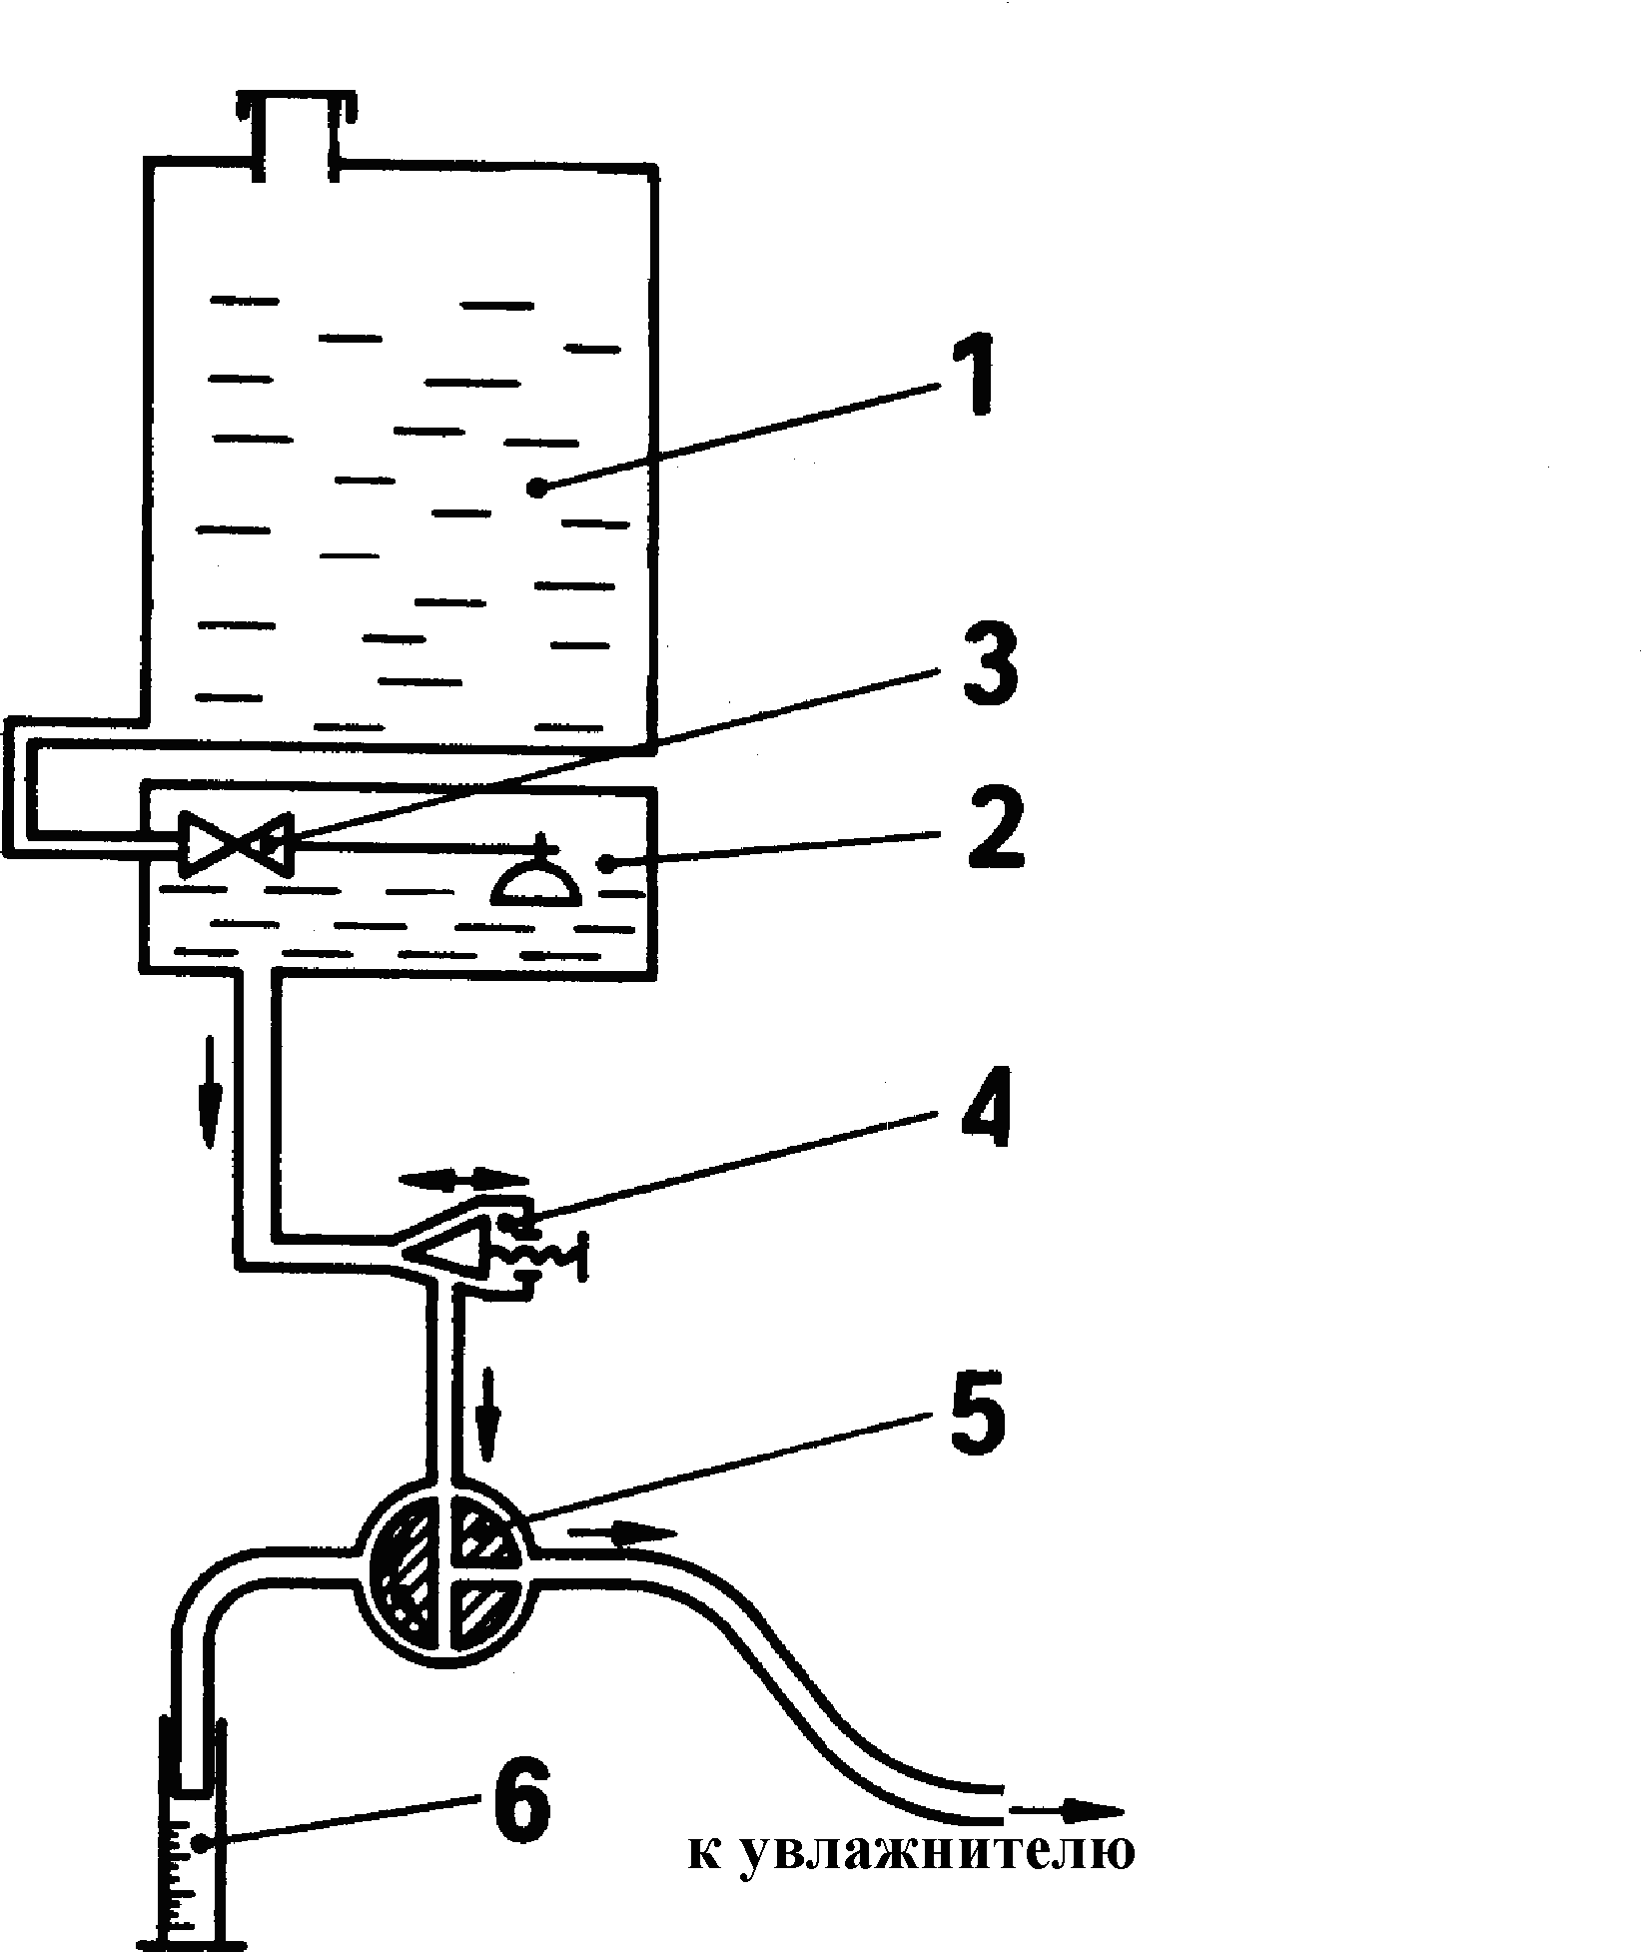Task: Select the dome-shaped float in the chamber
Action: (x=537, y=878)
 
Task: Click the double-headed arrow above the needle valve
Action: (x=462, y=1179)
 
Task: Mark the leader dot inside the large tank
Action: (x=539, y=488)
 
